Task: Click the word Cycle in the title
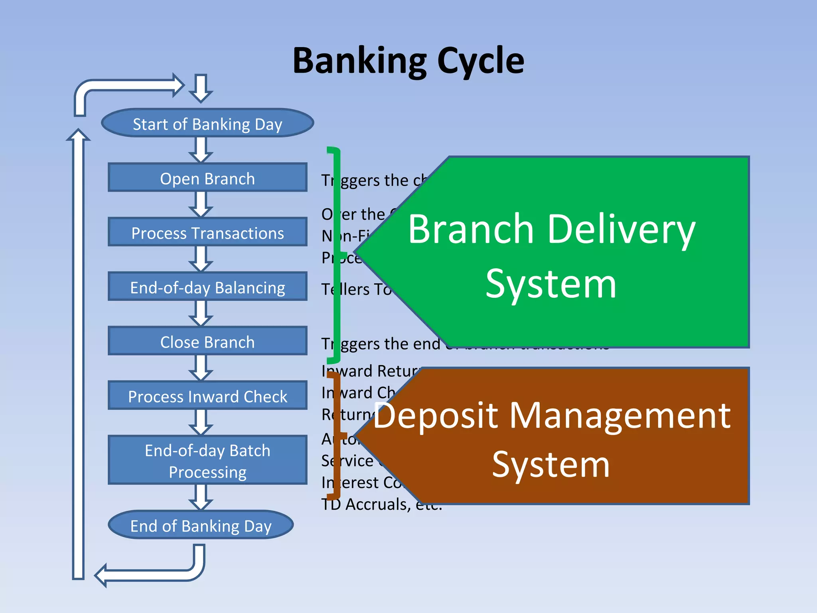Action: click(480, 61)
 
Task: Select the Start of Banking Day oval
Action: click(207, 124)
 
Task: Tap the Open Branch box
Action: click(207, 178)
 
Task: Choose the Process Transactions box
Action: click(207, 233)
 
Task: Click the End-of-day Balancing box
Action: click(207, 287)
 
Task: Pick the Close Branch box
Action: click(207, 342)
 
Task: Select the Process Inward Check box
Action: click(207, 396)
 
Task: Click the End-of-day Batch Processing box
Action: click(207, 461)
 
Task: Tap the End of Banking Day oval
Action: click(201, 525)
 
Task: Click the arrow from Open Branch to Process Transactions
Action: click(201, 204)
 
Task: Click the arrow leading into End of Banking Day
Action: click(201, 497)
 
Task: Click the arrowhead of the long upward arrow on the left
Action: click(78, 136)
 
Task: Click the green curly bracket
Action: click(337, 255)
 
